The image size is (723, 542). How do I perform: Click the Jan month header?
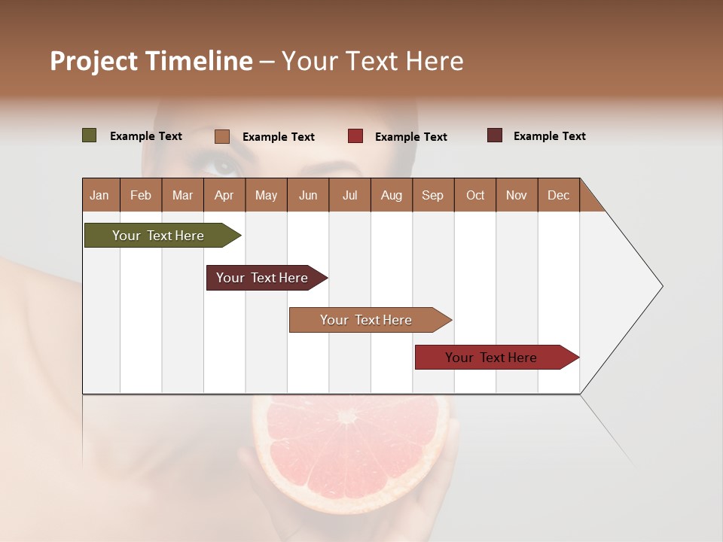[100, 195]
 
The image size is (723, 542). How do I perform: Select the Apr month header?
[224, 195]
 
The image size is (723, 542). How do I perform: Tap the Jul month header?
[349, 195]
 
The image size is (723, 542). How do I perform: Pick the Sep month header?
[433, 195]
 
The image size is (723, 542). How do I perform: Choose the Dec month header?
[558, 195]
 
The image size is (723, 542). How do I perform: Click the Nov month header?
[517, 195]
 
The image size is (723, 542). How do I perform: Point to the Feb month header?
[141, 195]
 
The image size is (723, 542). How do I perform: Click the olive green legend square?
[89, 135]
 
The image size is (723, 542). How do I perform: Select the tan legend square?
[222, 136]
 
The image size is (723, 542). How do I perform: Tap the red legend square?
[355, 136]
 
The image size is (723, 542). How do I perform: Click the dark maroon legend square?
[494, 135]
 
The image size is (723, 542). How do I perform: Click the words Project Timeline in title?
[151, 61]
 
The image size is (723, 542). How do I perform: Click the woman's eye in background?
[224, 164]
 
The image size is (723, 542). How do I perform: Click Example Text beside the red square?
[410, 137]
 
